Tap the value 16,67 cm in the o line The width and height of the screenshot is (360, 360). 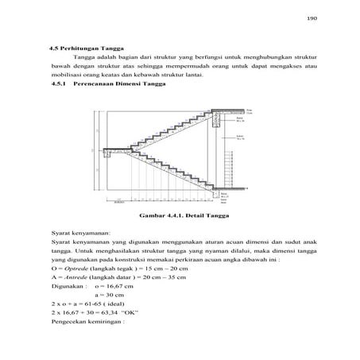[x=121, y=291]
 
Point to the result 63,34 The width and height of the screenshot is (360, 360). [x=115, y=323]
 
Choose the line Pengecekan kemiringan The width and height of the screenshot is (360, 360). [x=87, y=335]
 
